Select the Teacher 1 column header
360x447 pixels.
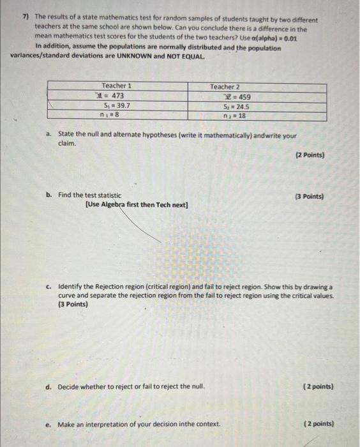click(116, 86)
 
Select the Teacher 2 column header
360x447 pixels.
click(225, 87)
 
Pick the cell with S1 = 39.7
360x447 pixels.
click(117, 105)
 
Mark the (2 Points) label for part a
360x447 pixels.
click(309, 155)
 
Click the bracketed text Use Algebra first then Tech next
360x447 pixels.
click(136, 205)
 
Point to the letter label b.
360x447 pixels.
click(49, 195)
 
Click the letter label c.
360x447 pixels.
click(49, 287)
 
